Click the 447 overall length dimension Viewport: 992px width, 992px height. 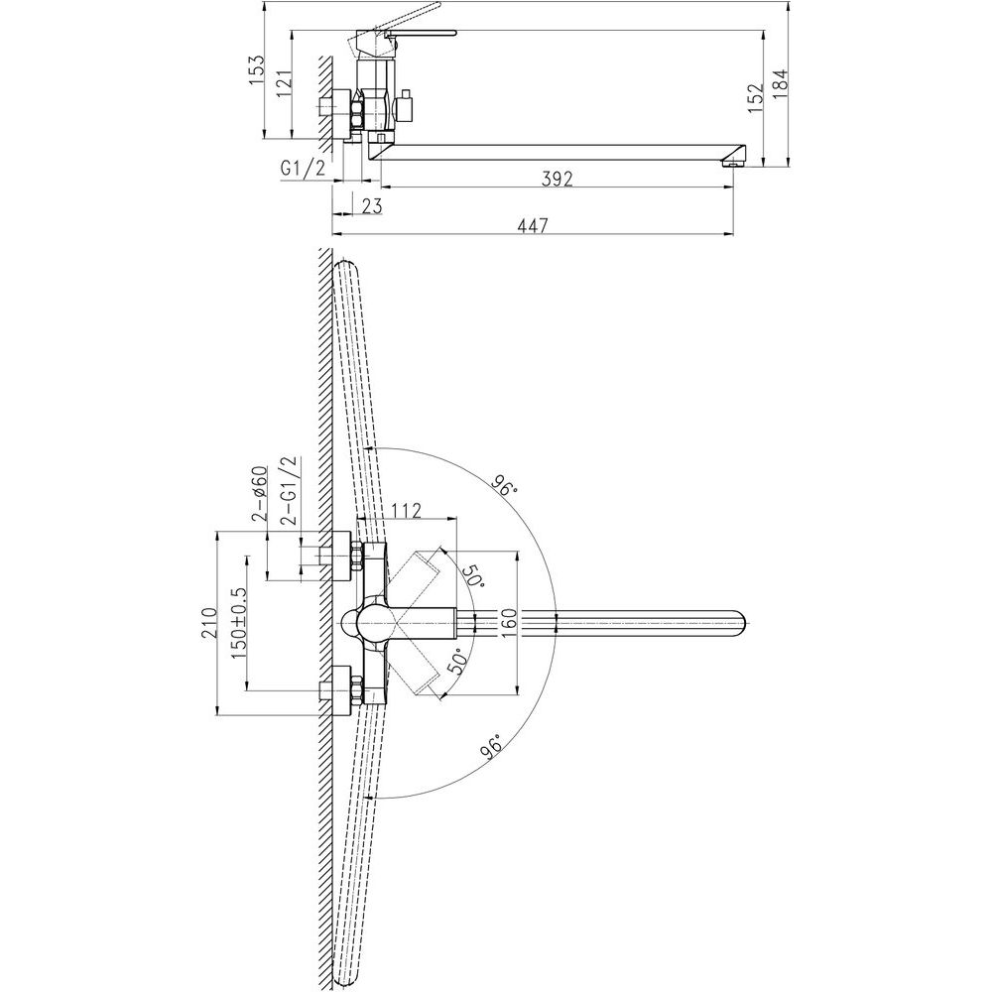pyautogui.click(x=533, y=225)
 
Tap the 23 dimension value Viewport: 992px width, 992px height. pyautogui.click(x=371, y=205)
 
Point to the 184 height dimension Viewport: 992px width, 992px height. pyautogui.click(x=781, y=84)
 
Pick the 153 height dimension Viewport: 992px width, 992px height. pyautogui.click(x=256, y=70)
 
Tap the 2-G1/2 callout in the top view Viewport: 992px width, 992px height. pyautogui.click(x=290, y=490)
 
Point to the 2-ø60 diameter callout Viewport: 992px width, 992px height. pyautogui.click(x=260, y=493)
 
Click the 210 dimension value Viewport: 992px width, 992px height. pyautogui.click(x=208, y=623)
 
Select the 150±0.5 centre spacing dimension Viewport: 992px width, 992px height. pyautogui.click(x=238, y=623)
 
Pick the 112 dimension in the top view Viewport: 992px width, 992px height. pyautogui.click(x=406, y=510)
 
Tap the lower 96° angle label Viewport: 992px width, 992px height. pyautogui.click(x=492, y=745)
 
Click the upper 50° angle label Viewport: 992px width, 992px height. pyautogui.click(x=472, y=575)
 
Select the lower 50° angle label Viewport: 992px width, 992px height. pyautogui.click(x=461, y=665)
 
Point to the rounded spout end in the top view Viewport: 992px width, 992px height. pyautogui.click(x=739, y=623)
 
